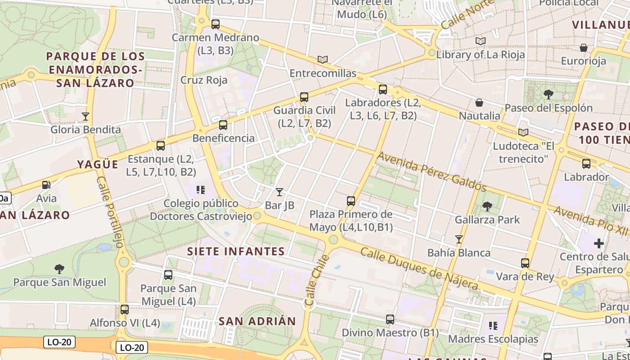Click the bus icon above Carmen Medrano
pos(216,24)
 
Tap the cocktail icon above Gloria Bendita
pos(85,117)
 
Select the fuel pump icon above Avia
pos(46,184)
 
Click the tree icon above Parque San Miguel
pos(59,269)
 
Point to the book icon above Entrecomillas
pos(322,59)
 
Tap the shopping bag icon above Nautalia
pos(479,103)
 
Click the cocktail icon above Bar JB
pos(279,192)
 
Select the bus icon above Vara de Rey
pos(525,263)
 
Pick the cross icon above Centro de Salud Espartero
pos(598,243)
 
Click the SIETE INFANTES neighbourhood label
pos(236,251)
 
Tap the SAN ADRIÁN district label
pos(257,321)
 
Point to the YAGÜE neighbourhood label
pos(98,164)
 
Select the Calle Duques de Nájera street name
pos(419,269)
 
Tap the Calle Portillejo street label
pos(109,212)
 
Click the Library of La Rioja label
pos(481,55)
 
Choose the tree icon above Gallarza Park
pos(487,207)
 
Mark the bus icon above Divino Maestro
pos(390,319)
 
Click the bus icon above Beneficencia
pos(223,125)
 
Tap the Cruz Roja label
pos(204,80)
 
